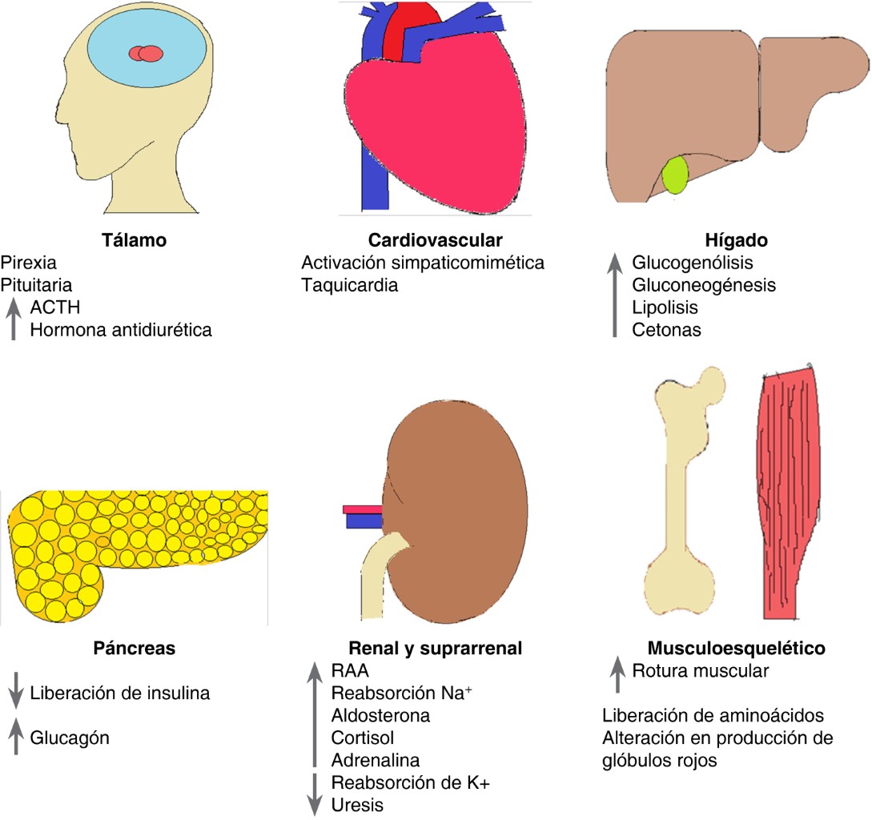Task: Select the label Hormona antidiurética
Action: (x=121, y=329)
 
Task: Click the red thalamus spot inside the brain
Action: (x=146, y=54)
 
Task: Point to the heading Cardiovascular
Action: (x=435, y=240)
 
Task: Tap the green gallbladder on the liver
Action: (x=677, y=176)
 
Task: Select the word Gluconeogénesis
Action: (x=704, y=284)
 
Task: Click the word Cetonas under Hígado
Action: (x=666, y=329)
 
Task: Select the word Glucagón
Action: (x=70, y=738)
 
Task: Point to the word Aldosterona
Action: (x=380, y=714)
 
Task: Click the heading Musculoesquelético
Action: (x=737, y=648)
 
